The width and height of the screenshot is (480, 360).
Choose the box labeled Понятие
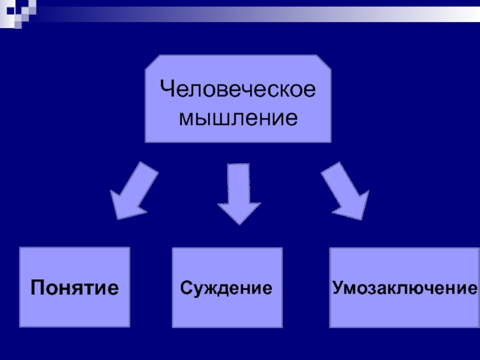point(75,287)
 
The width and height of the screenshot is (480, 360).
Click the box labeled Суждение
point(227,287)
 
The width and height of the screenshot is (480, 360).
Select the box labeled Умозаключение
point(403,287)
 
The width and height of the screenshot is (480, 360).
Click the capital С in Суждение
point(185,287)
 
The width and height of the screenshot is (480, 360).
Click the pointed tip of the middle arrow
point(239,223)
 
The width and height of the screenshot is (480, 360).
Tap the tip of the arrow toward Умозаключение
point(364,217)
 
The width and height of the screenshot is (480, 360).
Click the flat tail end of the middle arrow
point(239,166)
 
